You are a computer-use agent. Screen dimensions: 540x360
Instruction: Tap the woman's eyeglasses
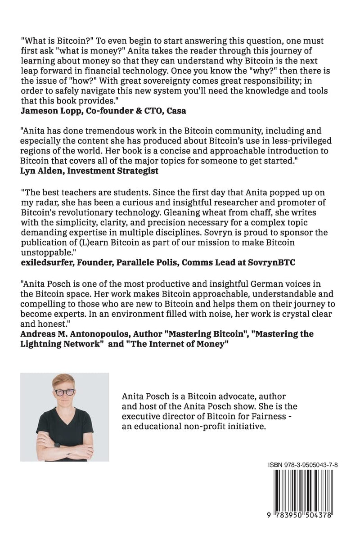[x=64, y=392]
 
